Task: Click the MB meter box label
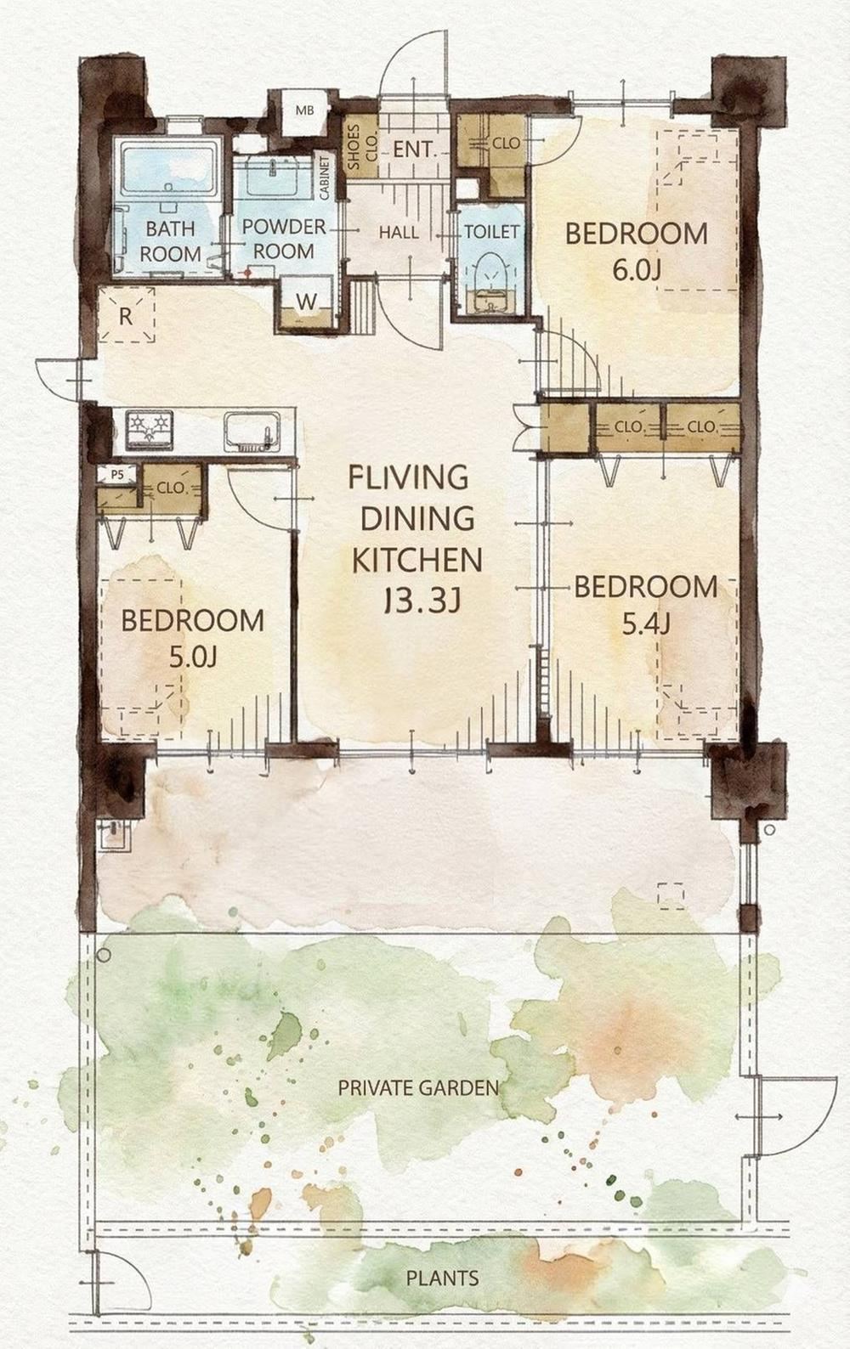pos(305,110)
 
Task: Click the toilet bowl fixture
pos(492,280)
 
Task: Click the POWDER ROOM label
pos(284,239)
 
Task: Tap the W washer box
pos(307,302)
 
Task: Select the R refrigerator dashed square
pos(126,315)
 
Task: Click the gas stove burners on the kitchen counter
pos(149,429)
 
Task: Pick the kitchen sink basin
pos(252,430)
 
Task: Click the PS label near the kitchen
pos(116,475)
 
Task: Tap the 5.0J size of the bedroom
pos(193,657)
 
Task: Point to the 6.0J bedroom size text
pos(637,270)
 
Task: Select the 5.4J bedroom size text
pos(646,625)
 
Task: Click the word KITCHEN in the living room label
pos(416,560)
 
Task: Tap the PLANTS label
pos(443,1278)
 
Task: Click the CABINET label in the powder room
pos(325,178)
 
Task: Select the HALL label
pos(399,232)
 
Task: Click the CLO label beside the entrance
pos(506,144)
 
